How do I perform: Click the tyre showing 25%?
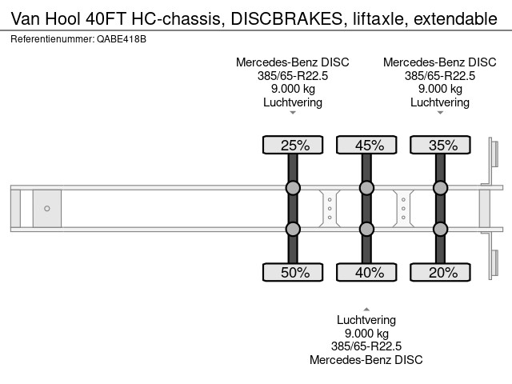pyautogui.click(x=293, y=145)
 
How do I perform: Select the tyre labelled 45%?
pyautogui.click(x=366, y=145)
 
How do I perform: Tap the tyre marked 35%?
pyautogui.click(x=440, y=145)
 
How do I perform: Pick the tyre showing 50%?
pyautogui.click(x=293, y=272)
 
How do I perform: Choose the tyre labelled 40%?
pyautogui.click(x=366, y=272)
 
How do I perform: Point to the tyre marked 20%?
pyautogui.click(x=440, y=272)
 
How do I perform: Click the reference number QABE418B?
pyautogui.click(x=122, y=39)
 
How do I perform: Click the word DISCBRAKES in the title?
pyautogui.click(x=286, y=18)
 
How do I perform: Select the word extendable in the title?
pyautogui.click(x=455, y=18)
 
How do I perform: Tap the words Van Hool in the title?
pyautogui.click(x=46, y=18)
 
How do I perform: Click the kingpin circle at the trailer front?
pyautogui.click(x=47, y=208)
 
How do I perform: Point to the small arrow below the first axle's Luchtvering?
pyautogui.click(x=293, y=113)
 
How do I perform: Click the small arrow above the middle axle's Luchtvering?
pyautogui.click(x=366, y=310)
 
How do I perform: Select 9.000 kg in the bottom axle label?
pyautogui.click(x=366, y=334)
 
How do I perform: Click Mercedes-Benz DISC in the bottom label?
pyautogui.click(x=366, y=360)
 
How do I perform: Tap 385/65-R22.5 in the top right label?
pyautogui.click(x=440, y=76)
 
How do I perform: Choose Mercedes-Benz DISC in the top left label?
pyautogui.click(x=293, y=62)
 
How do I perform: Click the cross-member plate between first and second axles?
pyautogui.click(x=330, y=208)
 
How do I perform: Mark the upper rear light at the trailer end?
pyautogui.click(x=494, y=154)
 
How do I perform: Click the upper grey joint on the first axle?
pyautogui.click(x=293, y=188)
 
